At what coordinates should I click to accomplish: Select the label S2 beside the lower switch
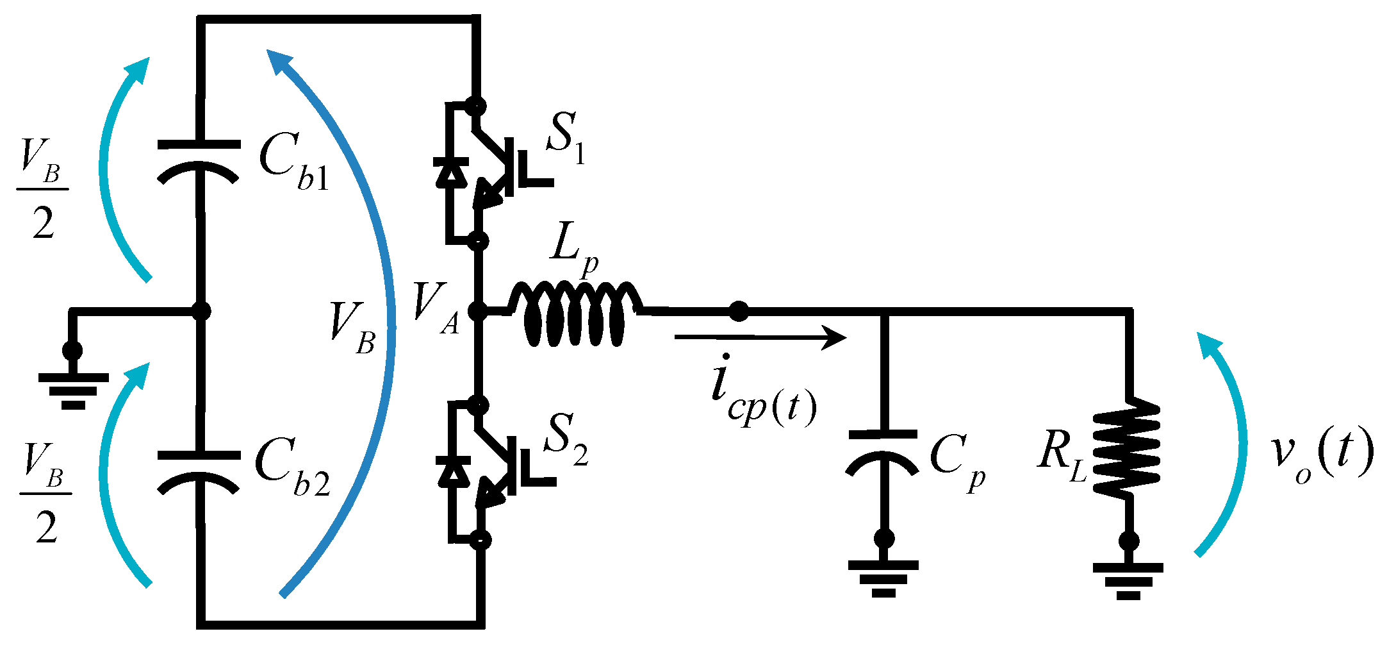566,440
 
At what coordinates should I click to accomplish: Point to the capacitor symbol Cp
883,451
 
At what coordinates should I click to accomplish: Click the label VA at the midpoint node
436,308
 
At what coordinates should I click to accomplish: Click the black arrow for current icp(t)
760,337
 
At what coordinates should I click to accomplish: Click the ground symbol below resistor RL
1128,580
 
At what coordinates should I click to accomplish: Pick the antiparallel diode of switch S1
452,172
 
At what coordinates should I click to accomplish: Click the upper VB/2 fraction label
42,190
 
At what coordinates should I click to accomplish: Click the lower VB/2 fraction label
45,494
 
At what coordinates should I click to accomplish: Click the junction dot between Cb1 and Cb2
201,311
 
